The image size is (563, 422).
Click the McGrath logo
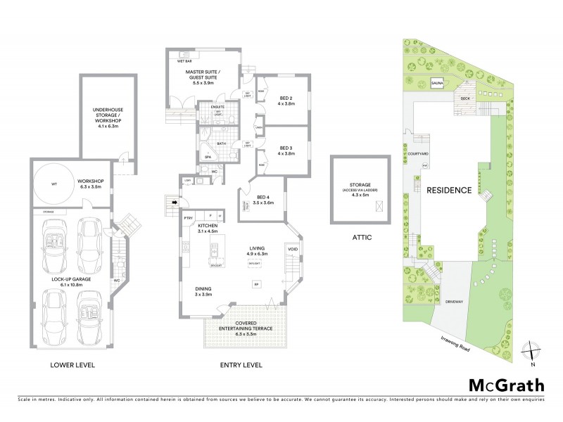click(x=505, y=385)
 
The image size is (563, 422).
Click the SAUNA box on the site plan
click(x=436, y=82)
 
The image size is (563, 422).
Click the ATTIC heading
click(x=360, y=238)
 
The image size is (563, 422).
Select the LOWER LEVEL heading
click(x=72, y=365)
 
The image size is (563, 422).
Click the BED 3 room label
click(x=286, y=149)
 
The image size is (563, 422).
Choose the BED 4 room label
click(x=264, y=198)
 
